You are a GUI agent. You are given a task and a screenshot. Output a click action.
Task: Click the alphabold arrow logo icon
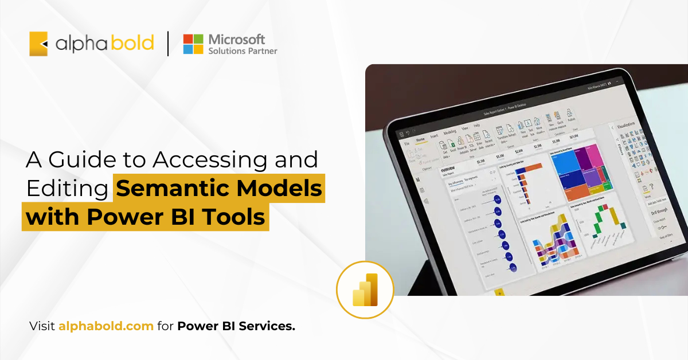point(38,44)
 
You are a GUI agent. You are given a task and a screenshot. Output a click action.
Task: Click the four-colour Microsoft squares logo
point(193,44)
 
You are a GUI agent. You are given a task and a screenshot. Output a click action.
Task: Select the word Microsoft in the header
point(237,39)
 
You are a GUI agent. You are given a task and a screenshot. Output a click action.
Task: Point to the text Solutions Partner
point(243,51)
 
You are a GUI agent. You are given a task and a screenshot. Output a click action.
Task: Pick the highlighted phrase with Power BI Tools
point(146,218)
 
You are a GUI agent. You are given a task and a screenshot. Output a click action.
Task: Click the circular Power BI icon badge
point(365,289)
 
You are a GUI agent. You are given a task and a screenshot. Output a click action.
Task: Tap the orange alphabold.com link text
point(106,327)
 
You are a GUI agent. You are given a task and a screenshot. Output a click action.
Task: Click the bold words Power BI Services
point(236,327)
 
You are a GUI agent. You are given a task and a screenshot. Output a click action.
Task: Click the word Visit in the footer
point(42,327)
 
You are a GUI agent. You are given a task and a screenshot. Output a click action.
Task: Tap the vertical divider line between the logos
point(168,44)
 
